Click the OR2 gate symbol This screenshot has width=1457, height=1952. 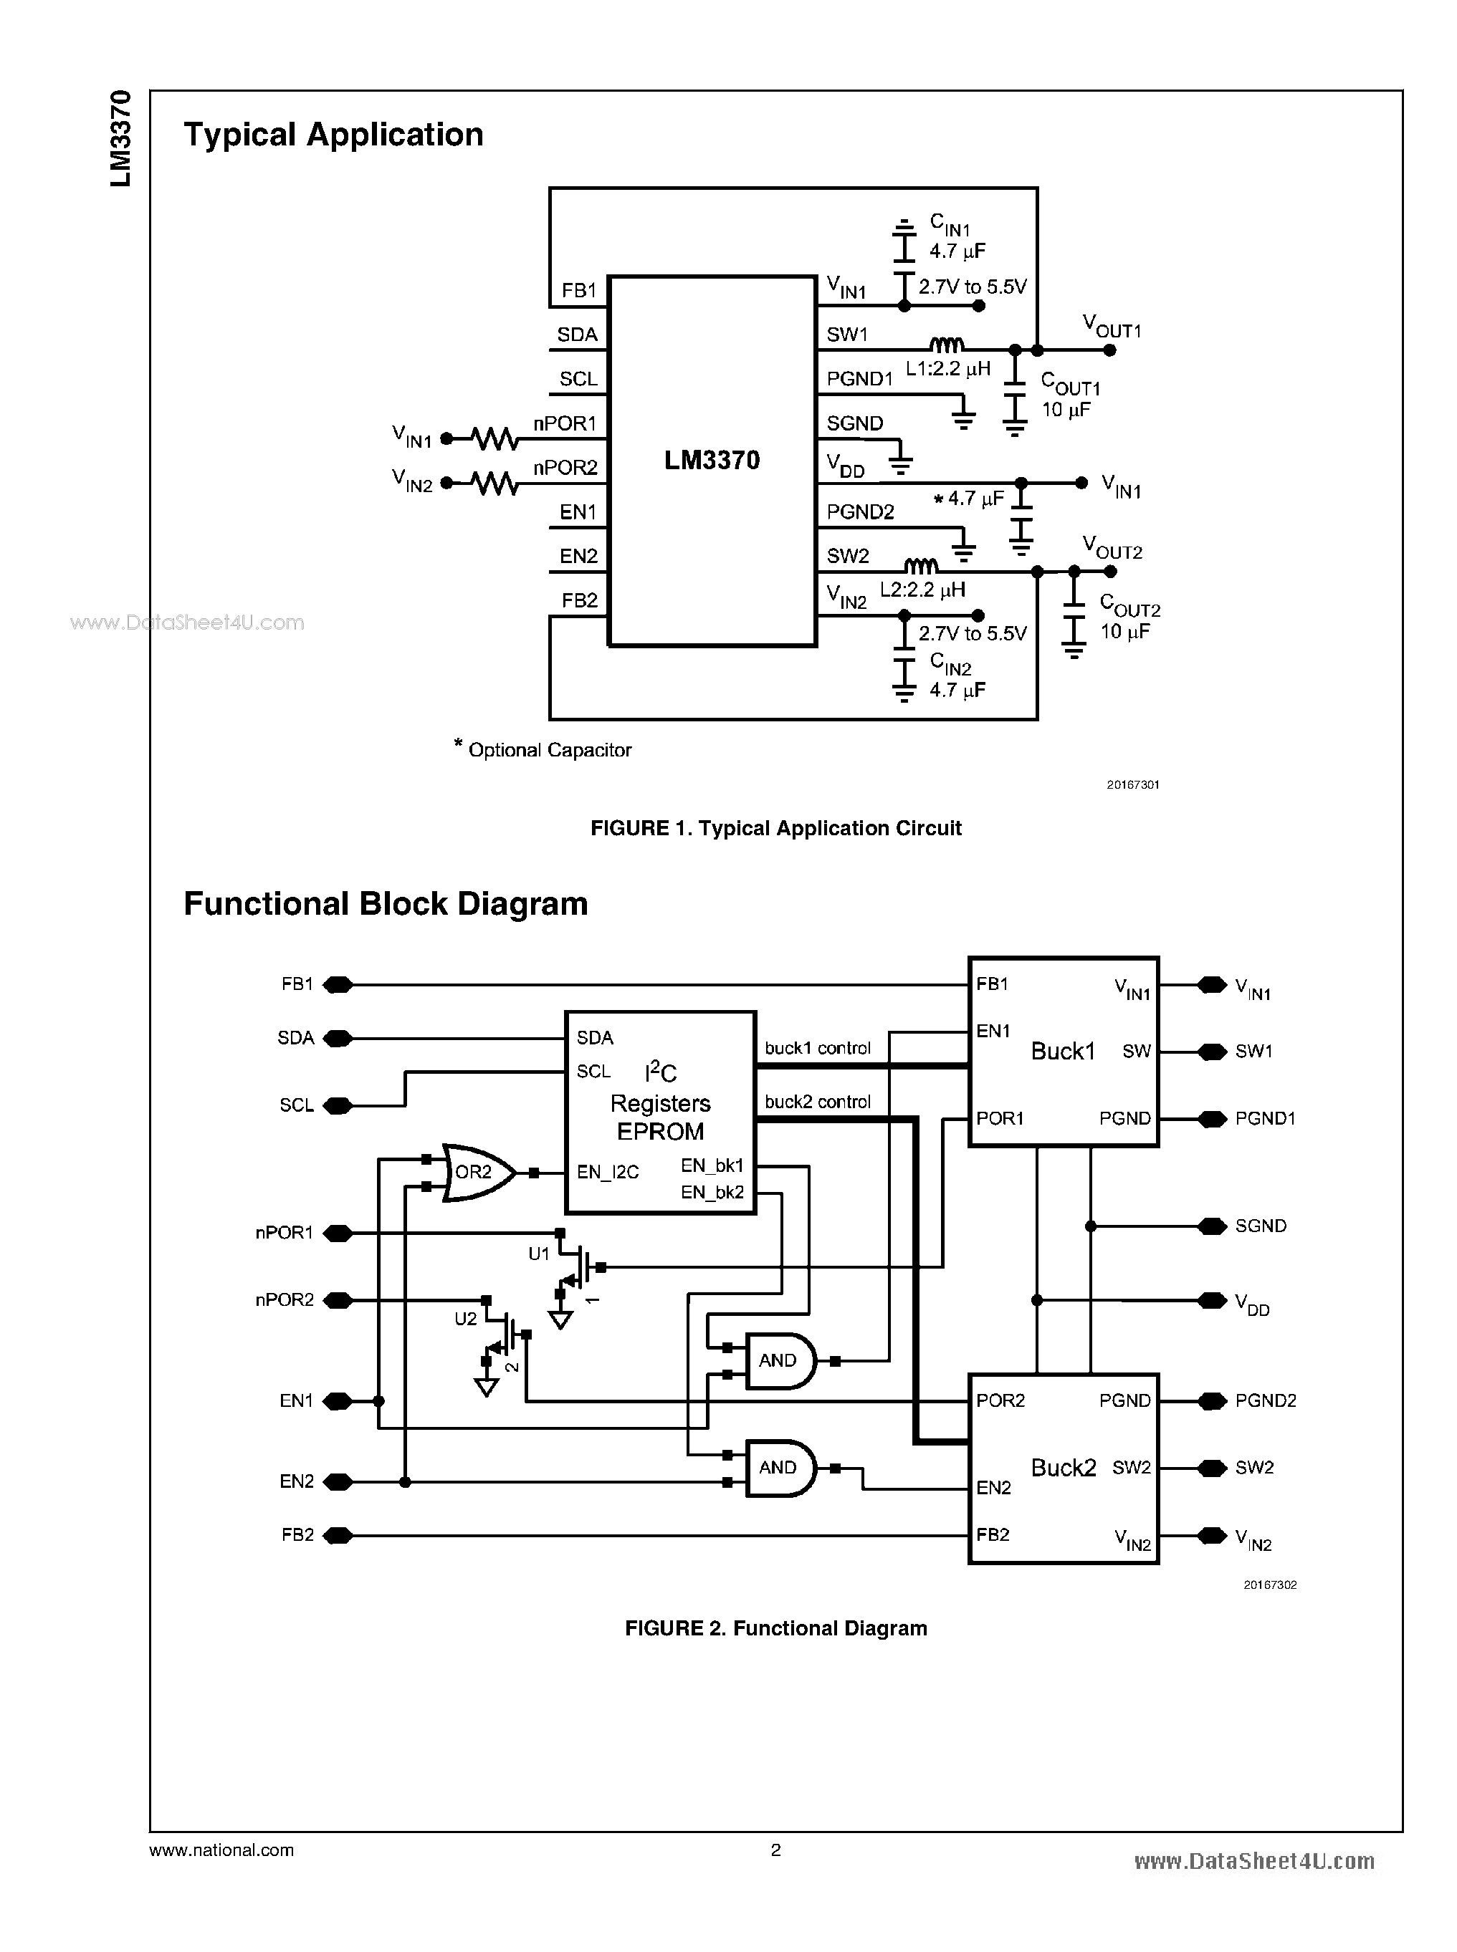tap(477, 1173)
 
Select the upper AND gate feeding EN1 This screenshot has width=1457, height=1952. tap(780, 1360)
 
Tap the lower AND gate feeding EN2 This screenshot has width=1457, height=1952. tap(780, 1468)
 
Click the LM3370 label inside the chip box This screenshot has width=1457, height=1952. tap(712, 460)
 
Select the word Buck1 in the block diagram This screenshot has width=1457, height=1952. tap(1063, 1051)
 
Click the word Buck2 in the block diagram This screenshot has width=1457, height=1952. tap(1063, 1468)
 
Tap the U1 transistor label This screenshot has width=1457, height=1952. tap(539, 1254)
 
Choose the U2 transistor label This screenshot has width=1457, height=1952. tap(465, 1319)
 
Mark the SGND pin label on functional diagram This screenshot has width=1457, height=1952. tap(1261, 1226)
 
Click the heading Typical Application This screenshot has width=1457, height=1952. tap(333, 135)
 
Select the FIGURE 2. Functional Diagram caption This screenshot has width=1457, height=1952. tap(775, 1628)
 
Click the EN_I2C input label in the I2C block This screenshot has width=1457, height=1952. tap(608, 1173)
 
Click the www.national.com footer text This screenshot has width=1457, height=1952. tap(221, 1850)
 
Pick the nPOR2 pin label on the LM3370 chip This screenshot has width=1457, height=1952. tap(565, 467)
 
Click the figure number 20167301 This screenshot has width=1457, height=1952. tap(1132, 784)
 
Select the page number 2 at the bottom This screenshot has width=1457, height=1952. tap(775, 1850)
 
